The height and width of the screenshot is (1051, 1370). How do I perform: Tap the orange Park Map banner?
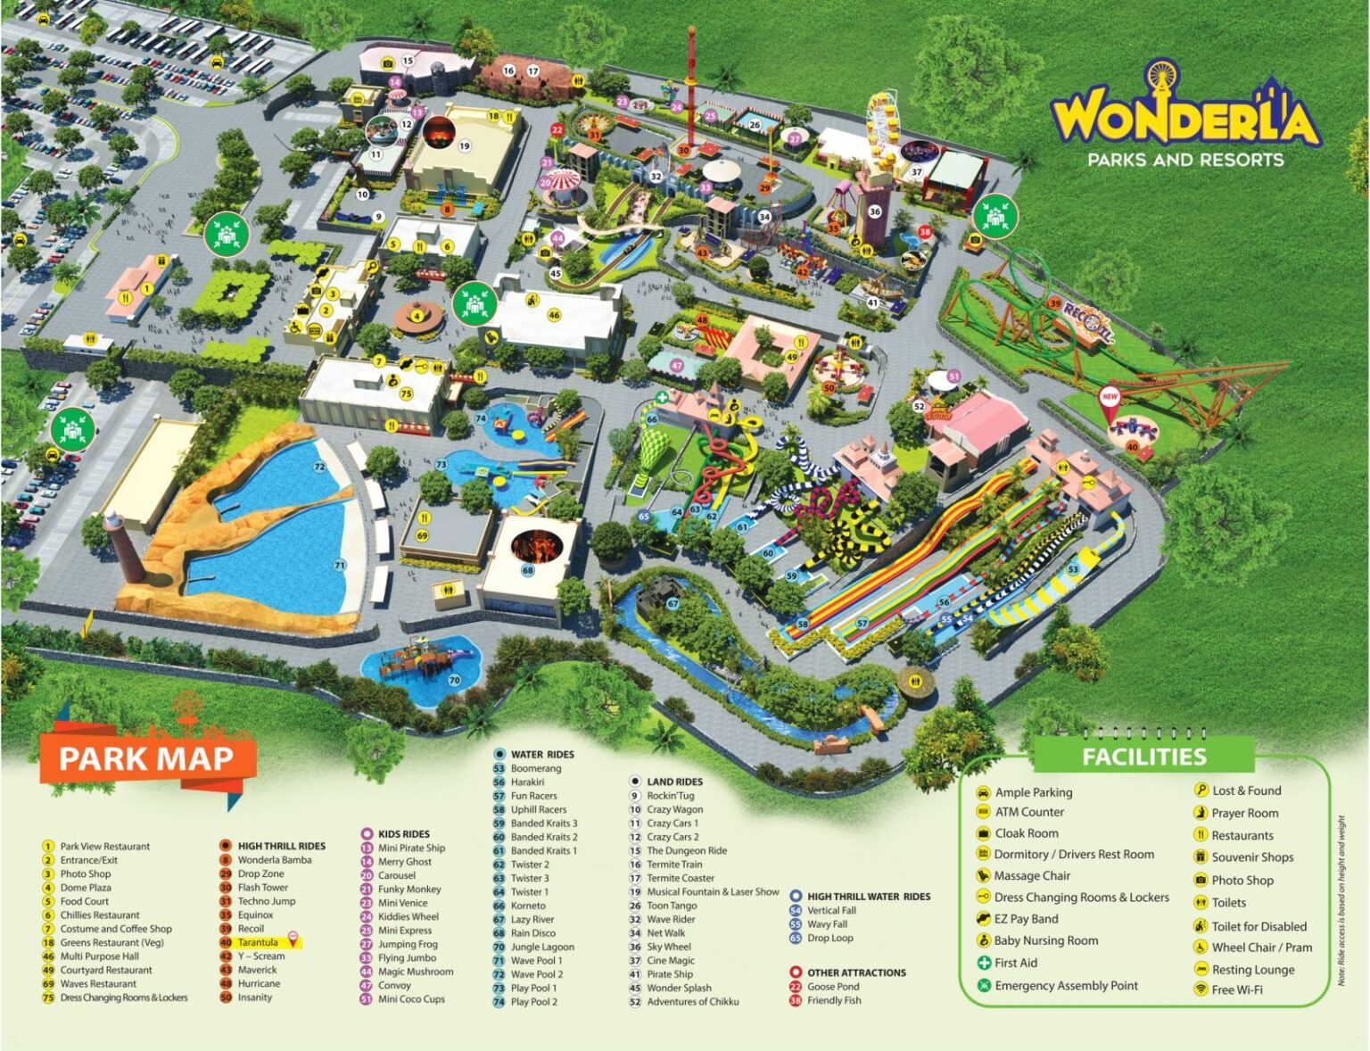tap(146, 758)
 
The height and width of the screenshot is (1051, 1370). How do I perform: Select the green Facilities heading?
tap(1143, 757)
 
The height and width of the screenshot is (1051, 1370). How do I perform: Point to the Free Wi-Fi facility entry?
tap(1236, 989)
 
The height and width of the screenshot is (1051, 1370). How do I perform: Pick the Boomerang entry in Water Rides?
tap(535, 768)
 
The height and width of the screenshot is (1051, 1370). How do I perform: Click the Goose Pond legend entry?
tap(832, 987)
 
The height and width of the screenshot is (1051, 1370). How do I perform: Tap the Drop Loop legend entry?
tap(829, 938)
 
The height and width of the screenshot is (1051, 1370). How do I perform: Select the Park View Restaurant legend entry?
tap(104, 846)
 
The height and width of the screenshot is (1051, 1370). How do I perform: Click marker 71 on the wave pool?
tap(340, 565)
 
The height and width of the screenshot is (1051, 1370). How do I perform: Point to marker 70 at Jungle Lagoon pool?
tap(454, 681)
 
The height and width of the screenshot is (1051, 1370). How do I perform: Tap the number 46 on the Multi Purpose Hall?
tap(554, 315)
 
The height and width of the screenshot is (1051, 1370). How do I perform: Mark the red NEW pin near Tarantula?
tap(1110, 399)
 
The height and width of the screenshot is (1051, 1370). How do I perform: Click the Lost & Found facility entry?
tap(1245, 790)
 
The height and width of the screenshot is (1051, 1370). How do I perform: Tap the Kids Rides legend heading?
tap(403, 834)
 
